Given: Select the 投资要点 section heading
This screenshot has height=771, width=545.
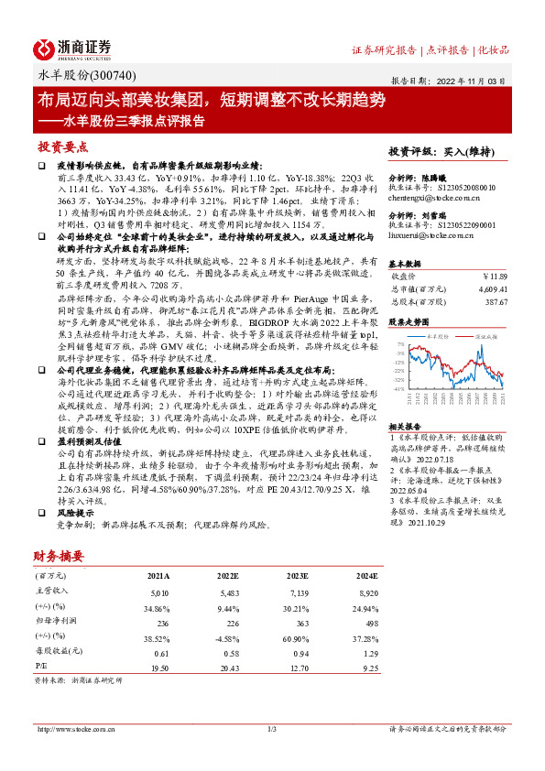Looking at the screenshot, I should (x=62, y=146).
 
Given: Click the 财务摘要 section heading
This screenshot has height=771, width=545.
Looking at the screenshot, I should (x=59, y=555).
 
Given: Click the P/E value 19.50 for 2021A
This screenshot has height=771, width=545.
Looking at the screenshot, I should (x=158, y=668).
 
